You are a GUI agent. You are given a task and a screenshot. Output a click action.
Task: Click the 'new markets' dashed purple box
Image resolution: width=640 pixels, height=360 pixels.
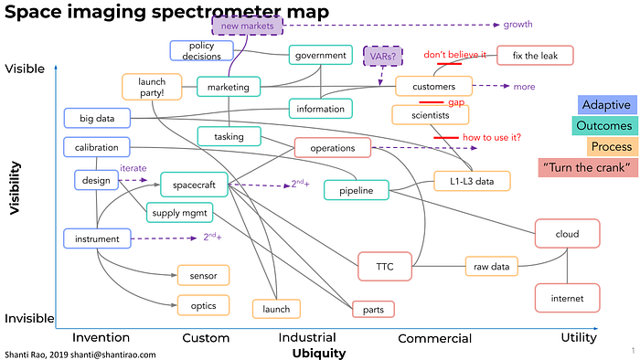[247, 26]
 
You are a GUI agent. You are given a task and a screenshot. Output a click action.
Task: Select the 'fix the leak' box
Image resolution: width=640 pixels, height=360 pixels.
[535, 56]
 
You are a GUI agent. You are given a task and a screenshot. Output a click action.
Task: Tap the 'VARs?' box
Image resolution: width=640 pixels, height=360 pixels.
[383, 57]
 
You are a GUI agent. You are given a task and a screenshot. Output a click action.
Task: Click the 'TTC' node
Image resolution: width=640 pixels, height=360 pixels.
[385, 266]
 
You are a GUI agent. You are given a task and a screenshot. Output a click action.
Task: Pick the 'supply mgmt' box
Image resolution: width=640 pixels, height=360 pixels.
[179, 212]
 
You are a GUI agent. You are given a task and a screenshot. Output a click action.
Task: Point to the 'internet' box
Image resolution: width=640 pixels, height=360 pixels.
[568, 298]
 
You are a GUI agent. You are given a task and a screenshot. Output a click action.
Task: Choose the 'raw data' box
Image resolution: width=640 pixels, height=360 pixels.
[492, 266]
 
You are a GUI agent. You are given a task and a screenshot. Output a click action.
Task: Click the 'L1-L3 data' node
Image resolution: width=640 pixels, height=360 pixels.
[472, 181]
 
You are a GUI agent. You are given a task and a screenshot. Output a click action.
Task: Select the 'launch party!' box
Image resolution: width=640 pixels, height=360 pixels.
[152, 87]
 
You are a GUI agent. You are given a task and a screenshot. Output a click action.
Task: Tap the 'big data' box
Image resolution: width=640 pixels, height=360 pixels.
[97, 118]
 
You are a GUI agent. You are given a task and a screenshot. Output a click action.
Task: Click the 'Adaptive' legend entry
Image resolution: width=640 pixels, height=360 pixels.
[606, 105]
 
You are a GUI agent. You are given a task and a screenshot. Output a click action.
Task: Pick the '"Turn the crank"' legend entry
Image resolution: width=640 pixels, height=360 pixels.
[587, 167]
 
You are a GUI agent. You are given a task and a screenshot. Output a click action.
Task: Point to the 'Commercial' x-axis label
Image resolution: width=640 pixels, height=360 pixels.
[434, 338]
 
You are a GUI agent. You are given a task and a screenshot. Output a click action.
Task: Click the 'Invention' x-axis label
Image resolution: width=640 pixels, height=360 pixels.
[101, 337]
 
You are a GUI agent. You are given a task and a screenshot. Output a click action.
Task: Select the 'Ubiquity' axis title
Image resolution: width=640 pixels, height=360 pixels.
[319, 353]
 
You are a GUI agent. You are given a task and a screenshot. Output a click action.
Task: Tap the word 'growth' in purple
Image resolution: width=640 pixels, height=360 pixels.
[517, 25]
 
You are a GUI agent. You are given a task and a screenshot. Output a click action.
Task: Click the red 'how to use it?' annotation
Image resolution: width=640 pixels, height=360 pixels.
[492, 137]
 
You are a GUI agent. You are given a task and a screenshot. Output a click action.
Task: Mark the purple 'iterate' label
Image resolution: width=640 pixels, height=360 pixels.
[133, 168]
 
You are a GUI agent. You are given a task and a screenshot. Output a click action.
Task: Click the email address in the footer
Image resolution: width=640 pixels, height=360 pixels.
[113, 355]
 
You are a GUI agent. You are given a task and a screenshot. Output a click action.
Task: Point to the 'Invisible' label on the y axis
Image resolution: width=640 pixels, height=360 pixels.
[29, 318]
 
